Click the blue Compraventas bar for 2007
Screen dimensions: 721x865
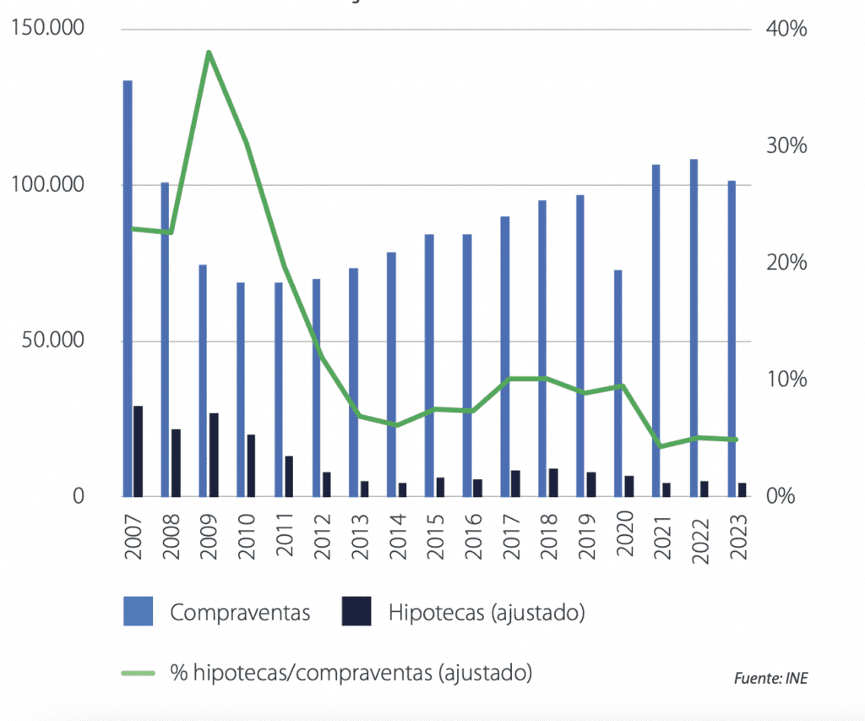coord(128,287)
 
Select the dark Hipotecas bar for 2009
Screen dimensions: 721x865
coord(214,455)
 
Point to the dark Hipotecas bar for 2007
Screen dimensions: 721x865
coord(139,451)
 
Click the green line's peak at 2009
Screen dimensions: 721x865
coord(208,52)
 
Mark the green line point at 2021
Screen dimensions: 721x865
coord(660,446)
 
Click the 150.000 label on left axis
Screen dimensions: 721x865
coord(50,30)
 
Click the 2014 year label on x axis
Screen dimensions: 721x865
coord(397,533)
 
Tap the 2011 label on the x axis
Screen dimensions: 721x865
coord(284,533)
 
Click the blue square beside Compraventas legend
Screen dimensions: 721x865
coord(139,611)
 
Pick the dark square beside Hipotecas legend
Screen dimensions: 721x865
coord(356,611)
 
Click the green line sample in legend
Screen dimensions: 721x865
coord(139,673)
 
